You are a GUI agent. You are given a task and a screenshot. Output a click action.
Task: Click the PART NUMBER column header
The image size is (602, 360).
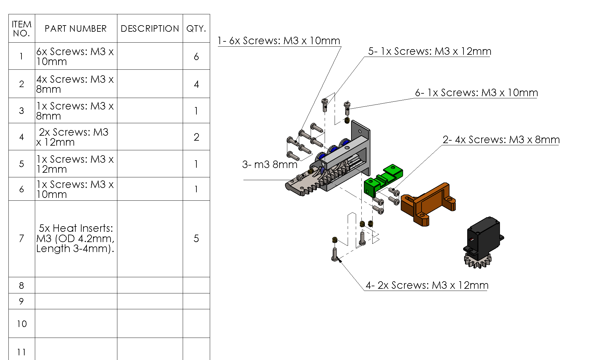point(76,29)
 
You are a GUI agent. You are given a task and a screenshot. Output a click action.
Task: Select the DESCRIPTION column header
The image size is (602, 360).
point(150,29)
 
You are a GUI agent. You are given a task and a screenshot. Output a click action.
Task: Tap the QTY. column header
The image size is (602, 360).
point(196,29)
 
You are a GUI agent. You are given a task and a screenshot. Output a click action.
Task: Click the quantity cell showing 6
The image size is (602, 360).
point(196,56)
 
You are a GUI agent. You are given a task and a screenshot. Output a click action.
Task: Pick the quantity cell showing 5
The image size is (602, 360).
point(196,238)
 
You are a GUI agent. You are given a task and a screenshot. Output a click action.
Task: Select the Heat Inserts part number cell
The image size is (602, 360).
point(76,238)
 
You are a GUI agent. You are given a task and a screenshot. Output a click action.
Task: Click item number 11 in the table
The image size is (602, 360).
point(21,352)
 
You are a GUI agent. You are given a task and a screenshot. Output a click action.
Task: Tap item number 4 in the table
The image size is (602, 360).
point(21,137)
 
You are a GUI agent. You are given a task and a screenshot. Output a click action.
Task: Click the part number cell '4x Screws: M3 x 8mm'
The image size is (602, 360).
point(76,84)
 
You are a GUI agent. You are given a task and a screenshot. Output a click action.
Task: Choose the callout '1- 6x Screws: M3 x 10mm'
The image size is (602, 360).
point(279,41)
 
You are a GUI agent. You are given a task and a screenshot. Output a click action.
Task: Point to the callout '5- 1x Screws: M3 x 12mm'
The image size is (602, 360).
point(430,51)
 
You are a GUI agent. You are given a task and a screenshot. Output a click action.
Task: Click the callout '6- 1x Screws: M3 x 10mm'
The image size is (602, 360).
point(476,93)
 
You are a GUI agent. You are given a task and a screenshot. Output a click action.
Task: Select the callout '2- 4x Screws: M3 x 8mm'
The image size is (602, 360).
point(501,140)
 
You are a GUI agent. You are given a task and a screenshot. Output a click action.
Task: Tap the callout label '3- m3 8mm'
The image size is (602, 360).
point(270,164)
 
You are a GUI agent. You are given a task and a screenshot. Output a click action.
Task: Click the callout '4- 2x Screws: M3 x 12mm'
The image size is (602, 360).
point(427,285)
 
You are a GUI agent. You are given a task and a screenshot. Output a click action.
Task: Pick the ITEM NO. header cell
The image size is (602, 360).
point(21,29)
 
